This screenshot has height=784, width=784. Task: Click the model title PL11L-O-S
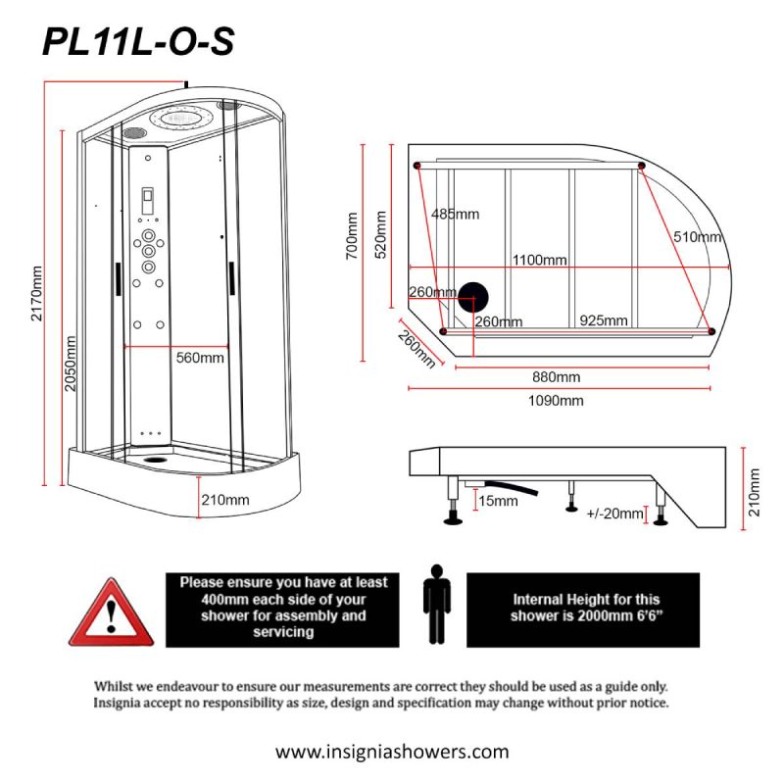click(138, 41)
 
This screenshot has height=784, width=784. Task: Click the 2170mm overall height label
click(36, 293)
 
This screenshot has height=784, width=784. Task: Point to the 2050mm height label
click(71, 364)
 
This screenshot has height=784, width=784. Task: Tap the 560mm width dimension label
click(200, 358)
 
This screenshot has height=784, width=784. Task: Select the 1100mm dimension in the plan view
click(540, 260)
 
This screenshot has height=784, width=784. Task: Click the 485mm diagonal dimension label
click(455, 214)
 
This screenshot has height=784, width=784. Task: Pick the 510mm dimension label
click(697, 236)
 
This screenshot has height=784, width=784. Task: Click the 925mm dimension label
click(604, 320)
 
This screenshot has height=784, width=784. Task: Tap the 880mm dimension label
click(556, 376)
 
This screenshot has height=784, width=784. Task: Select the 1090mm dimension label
click(556, 400)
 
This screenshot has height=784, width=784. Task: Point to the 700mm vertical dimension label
click(352, 235)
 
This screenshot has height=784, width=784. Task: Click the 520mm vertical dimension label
click(381, 234)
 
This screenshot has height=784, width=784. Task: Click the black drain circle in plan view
click(473, 298)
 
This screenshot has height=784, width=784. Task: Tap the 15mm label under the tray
click(498, 501)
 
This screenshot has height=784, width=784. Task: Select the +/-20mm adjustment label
click(614, 514)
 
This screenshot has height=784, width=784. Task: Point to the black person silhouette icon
click(436, 604)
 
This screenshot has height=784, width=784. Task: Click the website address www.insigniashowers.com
click(392, 751)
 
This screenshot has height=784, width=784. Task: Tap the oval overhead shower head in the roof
click(181, 118)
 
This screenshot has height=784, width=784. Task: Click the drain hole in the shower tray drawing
click(156, 459)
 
